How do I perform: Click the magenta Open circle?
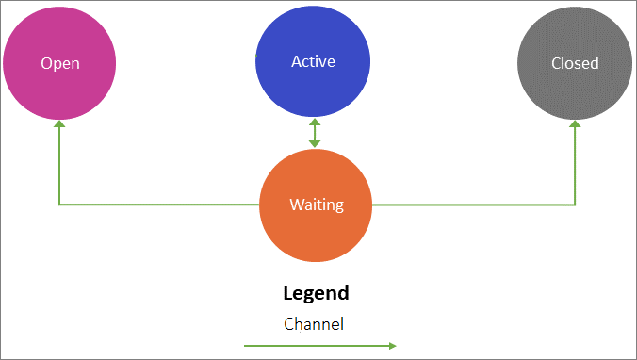pyautogui.click(x=59, y=63)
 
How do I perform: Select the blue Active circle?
pyautogui.click(x=314, y=61)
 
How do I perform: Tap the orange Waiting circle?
pyautogui.click(x=316, y=205)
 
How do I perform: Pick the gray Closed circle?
pyautogui.click(x=575, y=63)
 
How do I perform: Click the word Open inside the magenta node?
pyautogui.click(x=59, y=64)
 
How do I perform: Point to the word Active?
pyautogui.click(x=314, y=62)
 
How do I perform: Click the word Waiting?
pyautogui.click(x=316, y=205)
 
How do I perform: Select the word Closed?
pyautogui.click(x=575, y=64)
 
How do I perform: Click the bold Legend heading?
pyautogui.click(x=316, y=292)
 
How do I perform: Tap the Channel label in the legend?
pyautogui.click(x=314, y=323)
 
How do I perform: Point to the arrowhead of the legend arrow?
pyautogui.click(x=391, y=346)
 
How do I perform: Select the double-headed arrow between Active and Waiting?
pyautogui.click(x=315, y=133)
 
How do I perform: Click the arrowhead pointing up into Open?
pyautogui.click(x=59, y=124)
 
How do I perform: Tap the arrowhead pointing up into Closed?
pyautogui.click(x=575, y=124)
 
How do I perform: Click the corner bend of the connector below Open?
pyautogui.click(x=59, y=205)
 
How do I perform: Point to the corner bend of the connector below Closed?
pyautogui.click(x=575, y=205)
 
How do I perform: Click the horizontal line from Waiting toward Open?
pyautogui.click(x=160, y=205)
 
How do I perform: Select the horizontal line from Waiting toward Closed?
pyautogui.click(x=471, y=205)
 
